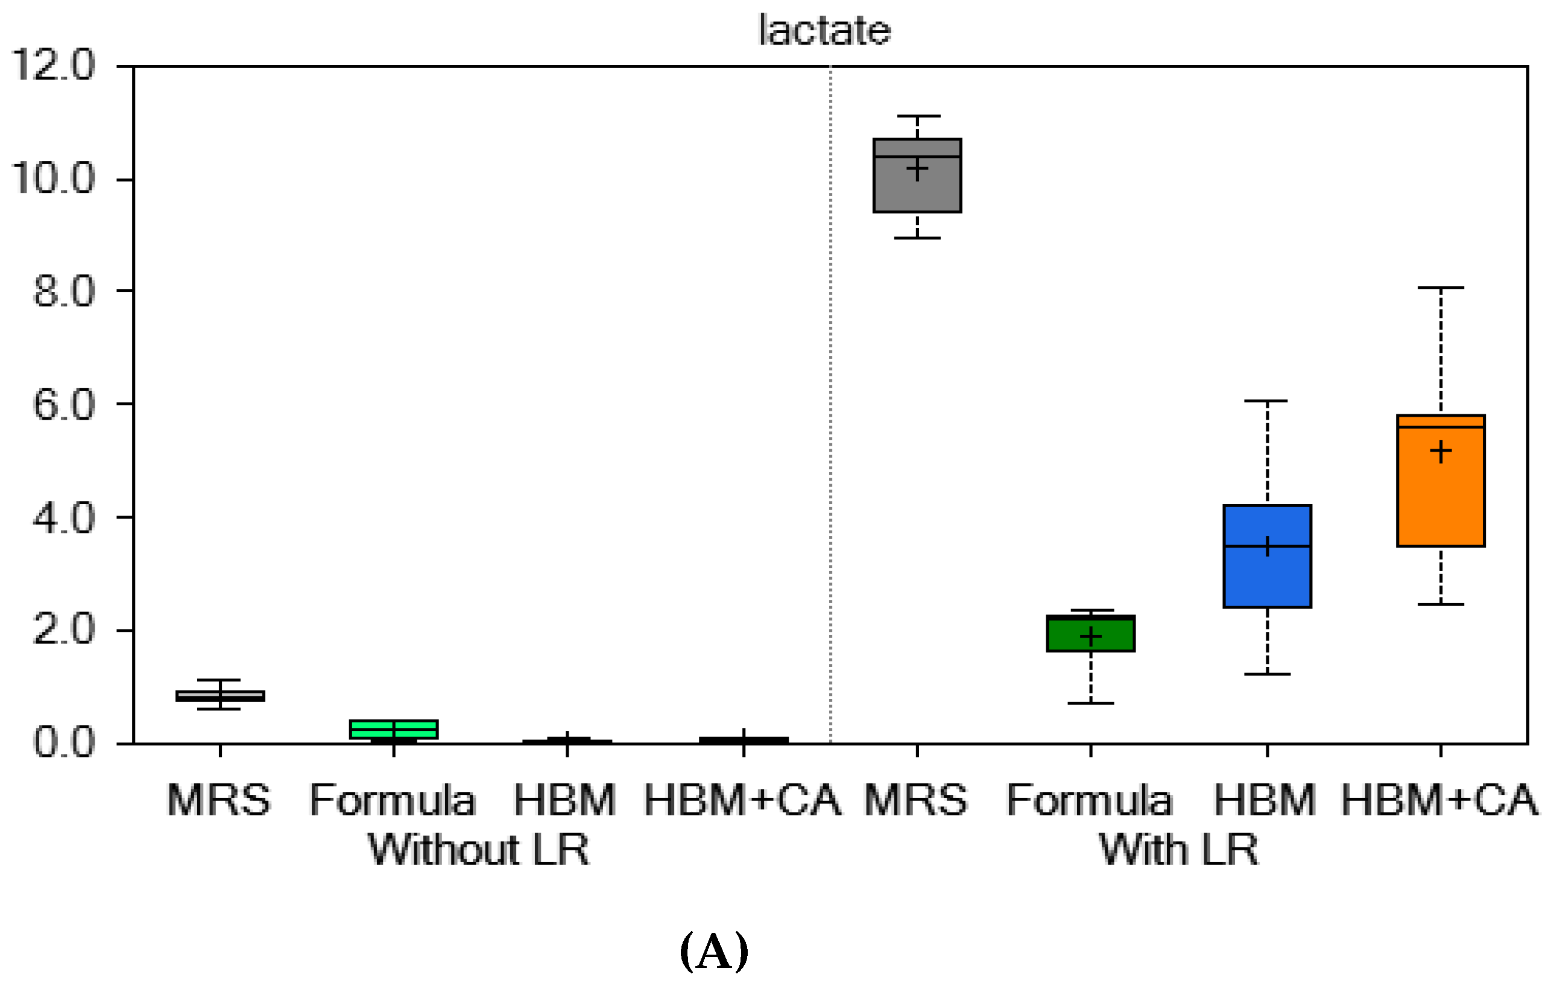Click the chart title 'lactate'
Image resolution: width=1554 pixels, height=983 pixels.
[824, 30]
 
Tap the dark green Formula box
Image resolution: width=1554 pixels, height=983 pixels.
[1090, 634]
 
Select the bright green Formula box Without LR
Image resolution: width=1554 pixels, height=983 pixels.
[394, 729]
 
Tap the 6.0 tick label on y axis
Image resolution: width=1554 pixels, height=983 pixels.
[64, 405]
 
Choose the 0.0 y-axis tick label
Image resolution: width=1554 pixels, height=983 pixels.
[64, 742]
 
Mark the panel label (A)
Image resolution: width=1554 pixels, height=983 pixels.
[714, 952]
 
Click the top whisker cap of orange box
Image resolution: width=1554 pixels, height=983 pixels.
[1441, 287]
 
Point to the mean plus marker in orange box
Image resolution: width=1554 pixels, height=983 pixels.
[1441, 451]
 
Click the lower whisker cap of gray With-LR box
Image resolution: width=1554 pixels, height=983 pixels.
[917, 238]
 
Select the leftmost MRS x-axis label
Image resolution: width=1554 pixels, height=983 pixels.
[220, 800]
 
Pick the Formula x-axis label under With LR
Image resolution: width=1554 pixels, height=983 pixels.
[1089, 800]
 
